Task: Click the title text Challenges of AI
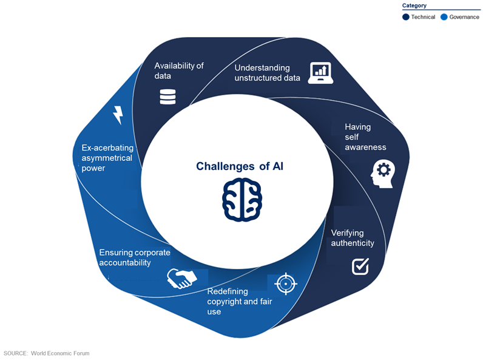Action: click(240, 166)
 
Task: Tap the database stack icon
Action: click(167, 97)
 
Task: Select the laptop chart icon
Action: click(320, 73)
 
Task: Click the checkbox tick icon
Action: click(360, 266)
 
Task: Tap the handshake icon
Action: click(182, 279)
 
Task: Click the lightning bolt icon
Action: click(118, 115)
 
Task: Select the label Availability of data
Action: click(178, 71)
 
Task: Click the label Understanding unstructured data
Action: click(267, 73)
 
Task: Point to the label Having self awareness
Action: click(365, 137)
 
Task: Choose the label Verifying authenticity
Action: click(352, 238)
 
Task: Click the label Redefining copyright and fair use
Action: click(238, 301)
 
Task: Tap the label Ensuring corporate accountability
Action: click(134, 257)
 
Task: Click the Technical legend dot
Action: click(406, 17)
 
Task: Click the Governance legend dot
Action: click(444, 17)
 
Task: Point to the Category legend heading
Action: click(414, 5)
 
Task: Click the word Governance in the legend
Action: click(464, 17)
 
